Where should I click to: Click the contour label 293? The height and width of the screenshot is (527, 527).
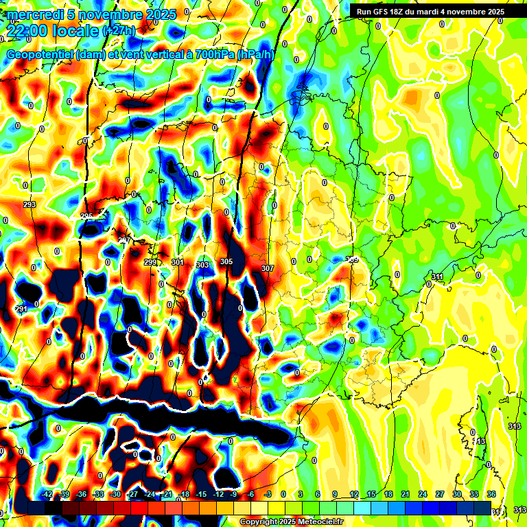pyautogui.click(x=30, y=204)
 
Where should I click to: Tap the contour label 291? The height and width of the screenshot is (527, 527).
pyautogui.click(x=21, y=309)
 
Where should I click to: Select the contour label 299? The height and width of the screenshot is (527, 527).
pyautogui.click(x=150, y=262)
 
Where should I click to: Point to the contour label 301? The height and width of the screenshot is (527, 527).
pyautogui.click(x=177, y=262)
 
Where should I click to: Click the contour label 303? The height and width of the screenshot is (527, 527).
pyautogui.click(x=202, y=265)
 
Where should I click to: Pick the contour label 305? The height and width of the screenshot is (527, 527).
pyautogui.click(x=226, y=261)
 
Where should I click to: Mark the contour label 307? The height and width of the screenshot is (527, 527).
pyautogui.click(x=268, y=268)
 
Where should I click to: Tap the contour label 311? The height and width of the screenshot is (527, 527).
pyautogui.click(x=437, y=277)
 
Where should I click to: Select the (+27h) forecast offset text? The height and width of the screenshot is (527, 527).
pyautogui.click(x=119, y=31)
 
